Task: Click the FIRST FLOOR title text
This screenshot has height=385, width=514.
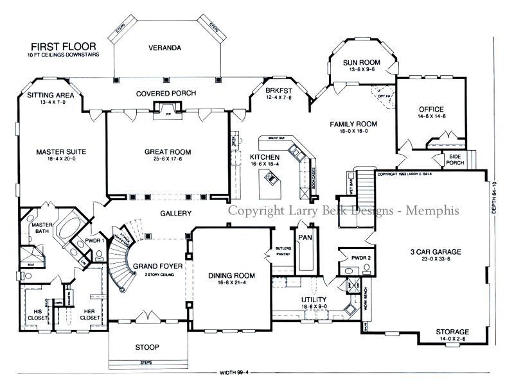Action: [62, 47]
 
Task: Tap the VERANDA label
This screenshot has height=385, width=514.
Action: [163, 48]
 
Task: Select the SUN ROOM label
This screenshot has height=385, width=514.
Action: [362, 62]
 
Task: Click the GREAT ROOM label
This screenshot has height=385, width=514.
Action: [167, 152]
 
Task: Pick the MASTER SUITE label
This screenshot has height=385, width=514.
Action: [61, 152]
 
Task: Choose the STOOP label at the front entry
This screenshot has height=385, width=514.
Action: [147, 347]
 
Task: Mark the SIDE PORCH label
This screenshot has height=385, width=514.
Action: [455, 160]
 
